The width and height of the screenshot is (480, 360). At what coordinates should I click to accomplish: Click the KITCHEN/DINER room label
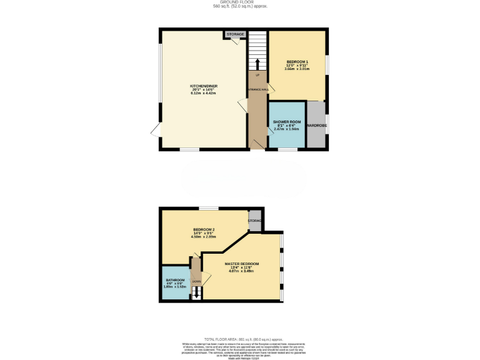coord(204,86)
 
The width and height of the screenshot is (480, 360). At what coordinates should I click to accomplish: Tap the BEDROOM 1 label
coord(297,62)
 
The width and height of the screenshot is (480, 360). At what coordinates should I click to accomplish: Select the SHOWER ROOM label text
coord(287,122)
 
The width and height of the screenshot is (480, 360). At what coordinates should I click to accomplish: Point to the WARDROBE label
coord(317,126)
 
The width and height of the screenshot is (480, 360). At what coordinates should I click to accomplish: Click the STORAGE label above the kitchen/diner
coord(235,34)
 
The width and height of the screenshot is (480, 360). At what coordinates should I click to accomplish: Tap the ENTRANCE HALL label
coord(257,90)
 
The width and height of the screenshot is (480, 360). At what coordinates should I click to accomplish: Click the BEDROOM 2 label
coord(204,229)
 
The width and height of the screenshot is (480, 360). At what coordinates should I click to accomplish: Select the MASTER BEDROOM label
coord(242,264)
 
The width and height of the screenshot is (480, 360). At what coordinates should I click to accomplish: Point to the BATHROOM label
coord(175,280)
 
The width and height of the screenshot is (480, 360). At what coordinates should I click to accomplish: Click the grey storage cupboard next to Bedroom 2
coord(255,221)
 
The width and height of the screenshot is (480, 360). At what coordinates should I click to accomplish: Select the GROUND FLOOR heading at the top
coord(239,2)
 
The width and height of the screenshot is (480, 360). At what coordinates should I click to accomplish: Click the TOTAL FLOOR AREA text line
coord(239,337)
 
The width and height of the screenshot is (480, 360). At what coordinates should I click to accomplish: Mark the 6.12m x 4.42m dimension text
coord(204,93)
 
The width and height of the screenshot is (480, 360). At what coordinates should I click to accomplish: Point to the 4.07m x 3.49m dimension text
coord(242,271)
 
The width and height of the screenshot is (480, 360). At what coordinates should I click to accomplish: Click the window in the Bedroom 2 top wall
coord(209,208)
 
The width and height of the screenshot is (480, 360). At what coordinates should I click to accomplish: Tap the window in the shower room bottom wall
coord(287,149)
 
